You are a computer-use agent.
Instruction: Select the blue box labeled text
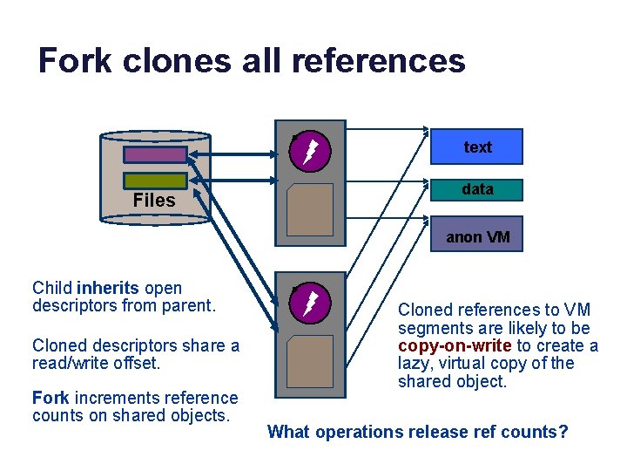click(476, 147)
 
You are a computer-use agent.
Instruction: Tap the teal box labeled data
click(476, 189)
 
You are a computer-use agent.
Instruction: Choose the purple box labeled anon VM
click(476, 236)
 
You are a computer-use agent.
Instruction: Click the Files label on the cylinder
click(154, 201)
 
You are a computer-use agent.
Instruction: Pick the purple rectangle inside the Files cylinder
click(155, 154)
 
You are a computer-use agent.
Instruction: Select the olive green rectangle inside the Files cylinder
click(155, 180)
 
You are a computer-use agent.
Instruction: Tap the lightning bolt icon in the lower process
click(310, 304)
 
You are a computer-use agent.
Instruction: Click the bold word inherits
click(108, 288)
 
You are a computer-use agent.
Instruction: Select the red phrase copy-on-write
click(455, 345)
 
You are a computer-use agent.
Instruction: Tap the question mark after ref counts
click(563, 432)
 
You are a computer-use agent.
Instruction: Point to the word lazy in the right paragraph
click(414, 364)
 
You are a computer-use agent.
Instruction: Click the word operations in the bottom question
click(357, 432)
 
